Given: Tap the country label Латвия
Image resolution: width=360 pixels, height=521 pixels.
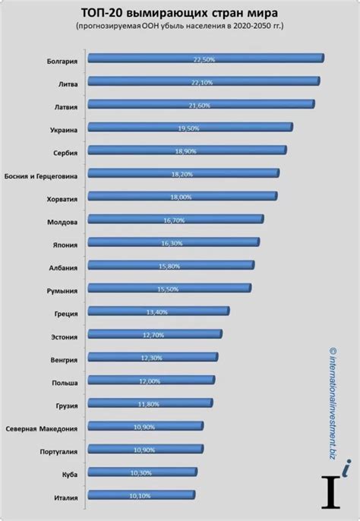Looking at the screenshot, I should tap(66, 106).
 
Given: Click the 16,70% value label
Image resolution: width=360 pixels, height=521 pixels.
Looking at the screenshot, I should tap(175, 219).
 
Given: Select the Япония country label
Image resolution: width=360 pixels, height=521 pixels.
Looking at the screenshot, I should tap(66, 245).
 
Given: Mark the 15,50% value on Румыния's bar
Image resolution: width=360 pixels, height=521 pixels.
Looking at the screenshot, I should tap(169, 289).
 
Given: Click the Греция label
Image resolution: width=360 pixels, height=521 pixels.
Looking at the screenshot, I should tap(67, 313).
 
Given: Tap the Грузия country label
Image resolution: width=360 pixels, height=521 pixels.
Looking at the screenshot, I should tap(67, 405).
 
